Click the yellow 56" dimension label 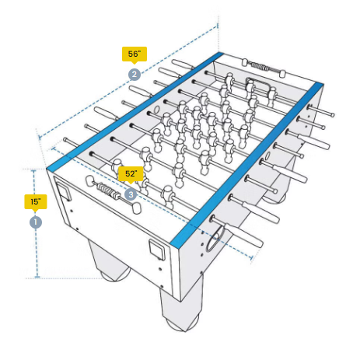point(135,54)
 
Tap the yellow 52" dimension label point(131,174)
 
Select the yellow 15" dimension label point(36,202)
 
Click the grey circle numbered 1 point(36,222)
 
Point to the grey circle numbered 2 point(135,75)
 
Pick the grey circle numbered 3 point(131,194)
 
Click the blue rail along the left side point(135,111)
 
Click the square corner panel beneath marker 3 point(157,250)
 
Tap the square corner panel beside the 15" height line point(64,190)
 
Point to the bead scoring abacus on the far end point(264,68)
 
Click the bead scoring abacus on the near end point(113,194)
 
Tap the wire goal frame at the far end point(257,85)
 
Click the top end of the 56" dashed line point(217,26)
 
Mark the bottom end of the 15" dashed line point(37,278)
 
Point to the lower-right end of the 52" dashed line point(251,257)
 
